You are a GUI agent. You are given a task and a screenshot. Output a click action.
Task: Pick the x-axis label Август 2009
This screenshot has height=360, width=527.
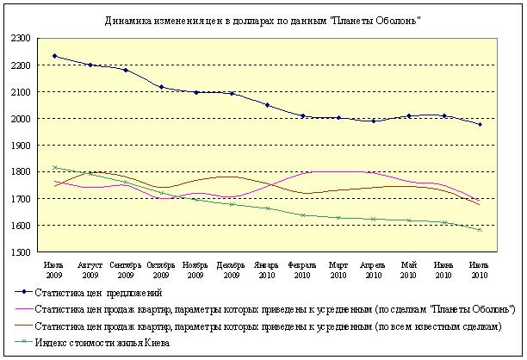pyautogui.click(x=90, y=268)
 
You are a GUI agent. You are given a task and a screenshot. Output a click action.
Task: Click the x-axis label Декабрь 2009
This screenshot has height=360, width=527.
pyautogui.click(x=232, y=268)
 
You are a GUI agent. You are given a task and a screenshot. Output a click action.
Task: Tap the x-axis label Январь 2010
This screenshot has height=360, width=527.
pyautogui.click(x=267, y=268)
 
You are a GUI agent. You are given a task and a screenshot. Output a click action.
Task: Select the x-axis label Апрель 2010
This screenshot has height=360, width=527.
pyautogui.click(x=373, y=268)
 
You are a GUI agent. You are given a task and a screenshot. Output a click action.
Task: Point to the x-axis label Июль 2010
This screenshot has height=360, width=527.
pyautogui.click(x=480, y=268)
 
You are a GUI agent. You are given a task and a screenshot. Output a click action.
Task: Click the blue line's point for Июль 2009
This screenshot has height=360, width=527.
pyautogui.click(x=55, y=56)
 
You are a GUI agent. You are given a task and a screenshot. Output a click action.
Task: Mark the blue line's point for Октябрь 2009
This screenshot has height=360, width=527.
pyautogui.click(x=161, y=87)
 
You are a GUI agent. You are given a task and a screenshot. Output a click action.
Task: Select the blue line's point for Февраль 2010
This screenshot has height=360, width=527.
pyautogui.click(x=302, y=115)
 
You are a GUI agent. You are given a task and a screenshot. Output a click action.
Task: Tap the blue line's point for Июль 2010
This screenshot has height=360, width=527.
pyautogui.click(x=480, y=125)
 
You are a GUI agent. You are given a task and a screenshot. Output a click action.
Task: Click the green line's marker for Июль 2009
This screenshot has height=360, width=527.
pyautogui.click(x=55, y=168)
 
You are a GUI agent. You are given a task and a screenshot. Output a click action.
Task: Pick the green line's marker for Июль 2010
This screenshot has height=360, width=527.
pyautogui.click(x=480, y=230)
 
